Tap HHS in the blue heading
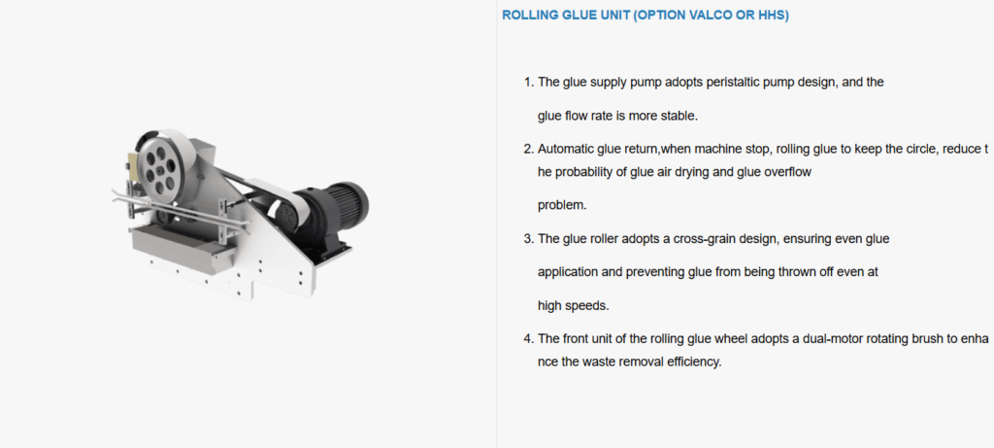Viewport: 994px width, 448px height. click(772, 16)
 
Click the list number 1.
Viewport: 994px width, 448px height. click(528, 83)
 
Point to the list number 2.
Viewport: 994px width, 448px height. click(528, 149)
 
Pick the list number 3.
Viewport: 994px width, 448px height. click(528, 239)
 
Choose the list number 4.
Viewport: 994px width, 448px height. click(528, 339)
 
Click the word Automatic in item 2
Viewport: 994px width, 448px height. click(564, 149)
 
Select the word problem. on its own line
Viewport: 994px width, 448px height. click(562, 206)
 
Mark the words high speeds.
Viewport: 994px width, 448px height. click(573, 306)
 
